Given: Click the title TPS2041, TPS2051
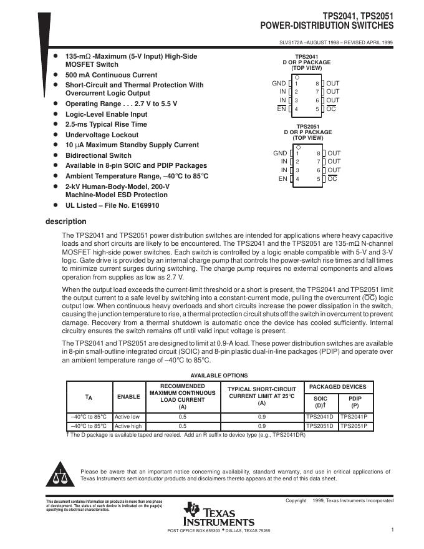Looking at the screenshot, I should coord(358,16).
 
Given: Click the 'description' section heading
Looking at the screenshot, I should coord(66,221).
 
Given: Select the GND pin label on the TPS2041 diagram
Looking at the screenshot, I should coord(279,83).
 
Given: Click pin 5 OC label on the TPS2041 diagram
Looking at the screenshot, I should coord(332,109).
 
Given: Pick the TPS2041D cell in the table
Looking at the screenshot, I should coord(320,416).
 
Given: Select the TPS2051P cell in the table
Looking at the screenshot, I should coord(354,426).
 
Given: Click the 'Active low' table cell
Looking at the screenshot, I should coord(127,416).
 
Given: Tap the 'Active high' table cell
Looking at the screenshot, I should coord(128,426).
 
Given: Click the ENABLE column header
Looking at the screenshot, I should coord(128,397).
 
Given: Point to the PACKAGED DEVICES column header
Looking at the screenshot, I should coord(337,387).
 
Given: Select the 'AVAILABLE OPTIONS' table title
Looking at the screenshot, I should coord(219,376).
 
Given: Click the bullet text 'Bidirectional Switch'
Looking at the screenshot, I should coord(99,155).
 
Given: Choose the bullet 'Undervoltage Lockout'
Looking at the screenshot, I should coord(102,135).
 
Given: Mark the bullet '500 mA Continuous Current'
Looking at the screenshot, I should coord(111,75).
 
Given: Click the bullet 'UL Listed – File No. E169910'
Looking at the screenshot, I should coord(112,205).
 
